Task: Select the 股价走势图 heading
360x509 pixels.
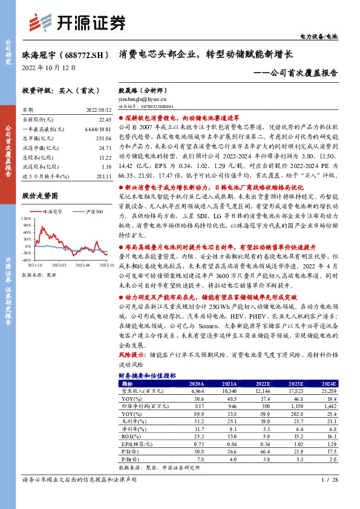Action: point(40,196)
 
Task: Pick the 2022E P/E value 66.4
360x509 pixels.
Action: point(262,451)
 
